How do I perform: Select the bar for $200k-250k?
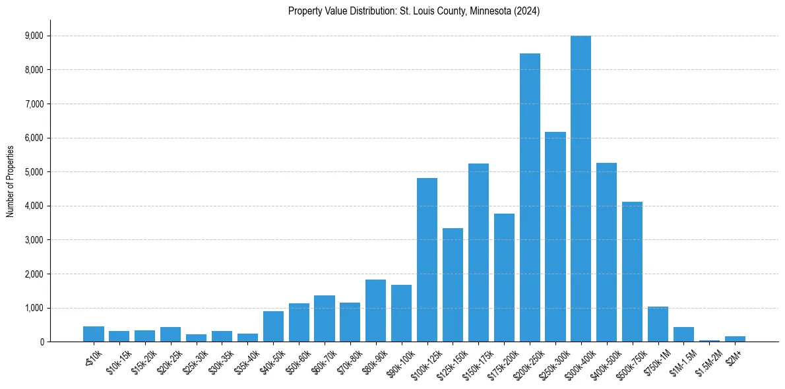(530, 198)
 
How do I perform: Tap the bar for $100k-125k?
(427, 260)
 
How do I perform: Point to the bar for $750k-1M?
(658, 324)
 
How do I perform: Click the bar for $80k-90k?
(375, 311)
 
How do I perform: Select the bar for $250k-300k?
(555, 237)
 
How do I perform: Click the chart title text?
(414, 11)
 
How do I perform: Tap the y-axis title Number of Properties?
(11, 181)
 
